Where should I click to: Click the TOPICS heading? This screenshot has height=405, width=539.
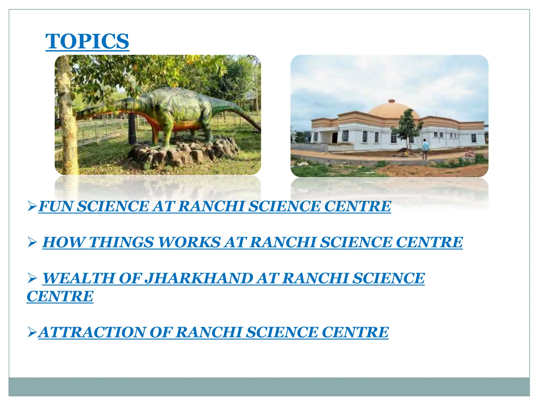(x=87, y=41)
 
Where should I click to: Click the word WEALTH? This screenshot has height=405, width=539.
(x=79, y=278)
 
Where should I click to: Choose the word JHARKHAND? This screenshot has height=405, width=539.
(x=199, y=278)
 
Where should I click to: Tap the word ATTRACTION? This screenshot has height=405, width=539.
(x=92, y=332)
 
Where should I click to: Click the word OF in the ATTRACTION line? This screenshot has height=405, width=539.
(x=161, y=332)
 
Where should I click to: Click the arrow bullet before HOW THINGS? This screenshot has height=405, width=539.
(x=32, y=242)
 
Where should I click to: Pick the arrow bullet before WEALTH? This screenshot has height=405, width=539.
(x=32, y=278)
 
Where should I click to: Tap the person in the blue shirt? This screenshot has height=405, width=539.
(x=425, y=148)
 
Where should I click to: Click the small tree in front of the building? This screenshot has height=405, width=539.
(x=407, y=127)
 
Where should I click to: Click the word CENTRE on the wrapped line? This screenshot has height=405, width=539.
(x=60, y=296)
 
